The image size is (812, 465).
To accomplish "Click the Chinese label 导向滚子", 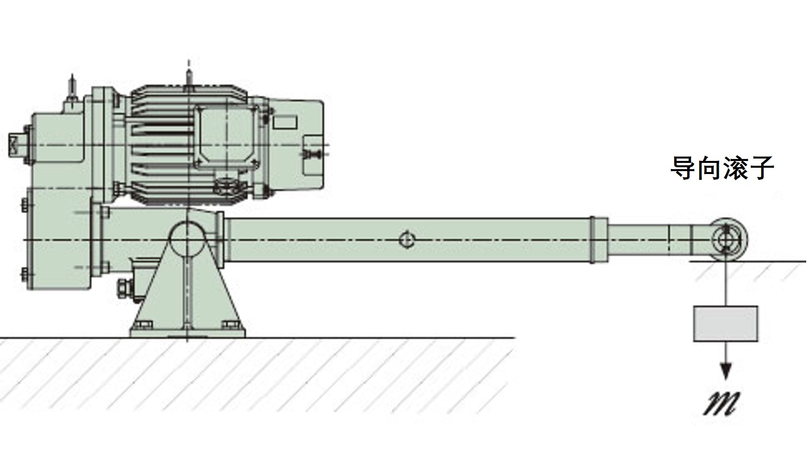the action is [x=722, y=168].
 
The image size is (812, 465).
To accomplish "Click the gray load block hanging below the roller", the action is [x=726, y=324].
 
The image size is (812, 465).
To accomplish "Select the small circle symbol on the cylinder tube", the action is [x=407, y=240].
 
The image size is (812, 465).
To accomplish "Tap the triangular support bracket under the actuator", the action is [x=187, y=286].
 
